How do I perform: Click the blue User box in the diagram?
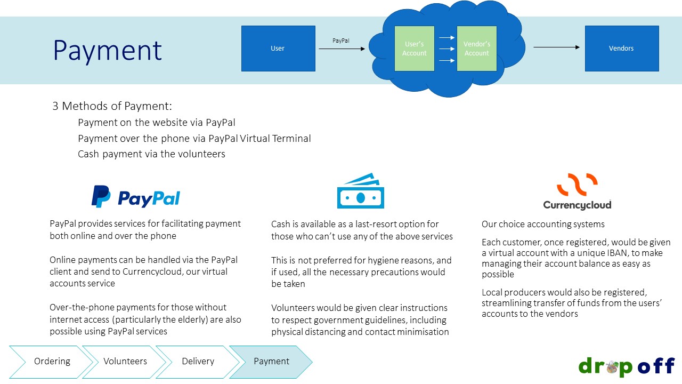tap(278, 49)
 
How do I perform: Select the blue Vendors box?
tap(621, 49)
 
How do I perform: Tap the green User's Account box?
tap(414, 49)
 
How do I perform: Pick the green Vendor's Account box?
tap(476, 49)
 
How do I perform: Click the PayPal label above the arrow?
tap(341, 41)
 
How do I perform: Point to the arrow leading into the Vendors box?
tap(556, 47)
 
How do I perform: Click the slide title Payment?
tap(107, 51)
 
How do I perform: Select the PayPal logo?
tap(136, 197)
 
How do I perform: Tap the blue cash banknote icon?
tap(361, 191)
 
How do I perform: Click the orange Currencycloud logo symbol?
tap(577, 185)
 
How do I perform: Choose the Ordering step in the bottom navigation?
tap(52, 362)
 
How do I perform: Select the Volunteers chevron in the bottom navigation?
tap(125, 362)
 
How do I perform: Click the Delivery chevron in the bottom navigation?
tap(198, 362)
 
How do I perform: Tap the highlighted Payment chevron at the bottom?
tap(271, 362)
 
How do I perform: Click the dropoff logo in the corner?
tap(627, 366)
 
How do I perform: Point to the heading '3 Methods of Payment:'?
tap(112, 106)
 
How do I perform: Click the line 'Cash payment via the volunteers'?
tap(151, 154)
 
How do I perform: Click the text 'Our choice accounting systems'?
tap(543, 225)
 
